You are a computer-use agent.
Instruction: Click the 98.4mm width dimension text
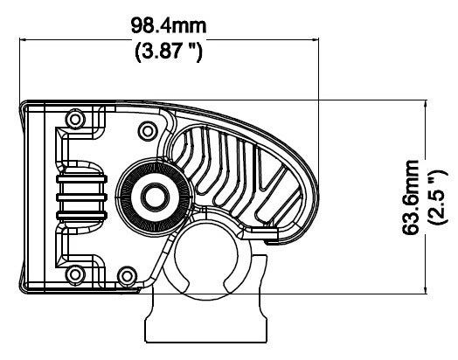point(169,25)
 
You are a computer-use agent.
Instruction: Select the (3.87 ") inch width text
point(169,51)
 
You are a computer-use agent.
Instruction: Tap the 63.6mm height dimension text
point(411,197)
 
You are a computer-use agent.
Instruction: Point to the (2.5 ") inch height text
point(437,197)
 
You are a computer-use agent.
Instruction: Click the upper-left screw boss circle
point(75,119)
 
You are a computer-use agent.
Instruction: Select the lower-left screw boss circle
point(75,274)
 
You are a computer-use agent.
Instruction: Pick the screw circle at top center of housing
point(148,131)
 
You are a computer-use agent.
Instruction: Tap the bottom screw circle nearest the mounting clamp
point(127,275)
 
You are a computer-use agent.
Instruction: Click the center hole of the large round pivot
point(155,197)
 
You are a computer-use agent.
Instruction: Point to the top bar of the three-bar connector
point(82,179)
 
